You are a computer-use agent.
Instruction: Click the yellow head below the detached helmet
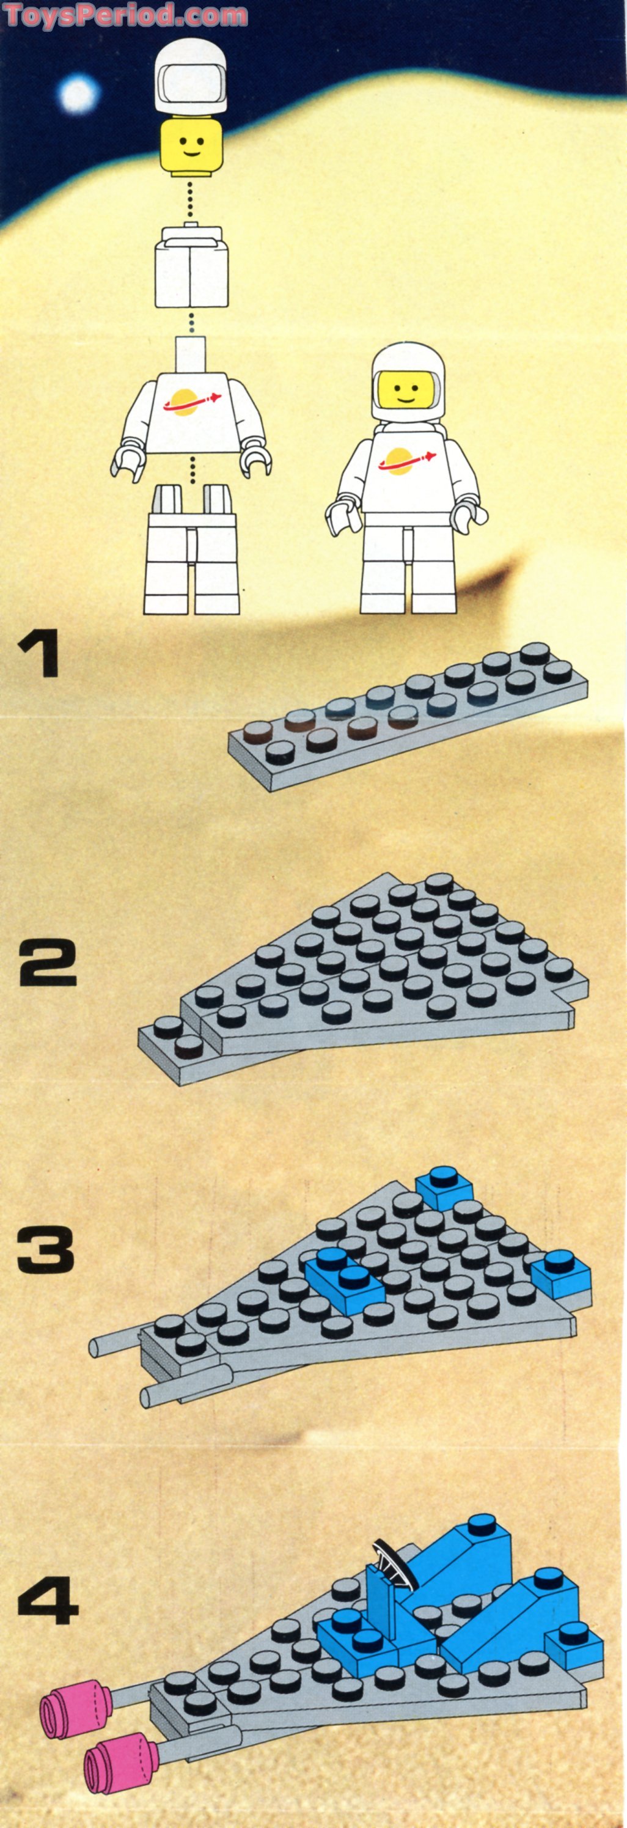(x=190, y=147)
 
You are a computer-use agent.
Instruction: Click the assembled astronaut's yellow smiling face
(x=405, y=392)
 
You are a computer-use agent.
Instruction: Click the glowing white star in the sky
(x=78, y=94)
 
